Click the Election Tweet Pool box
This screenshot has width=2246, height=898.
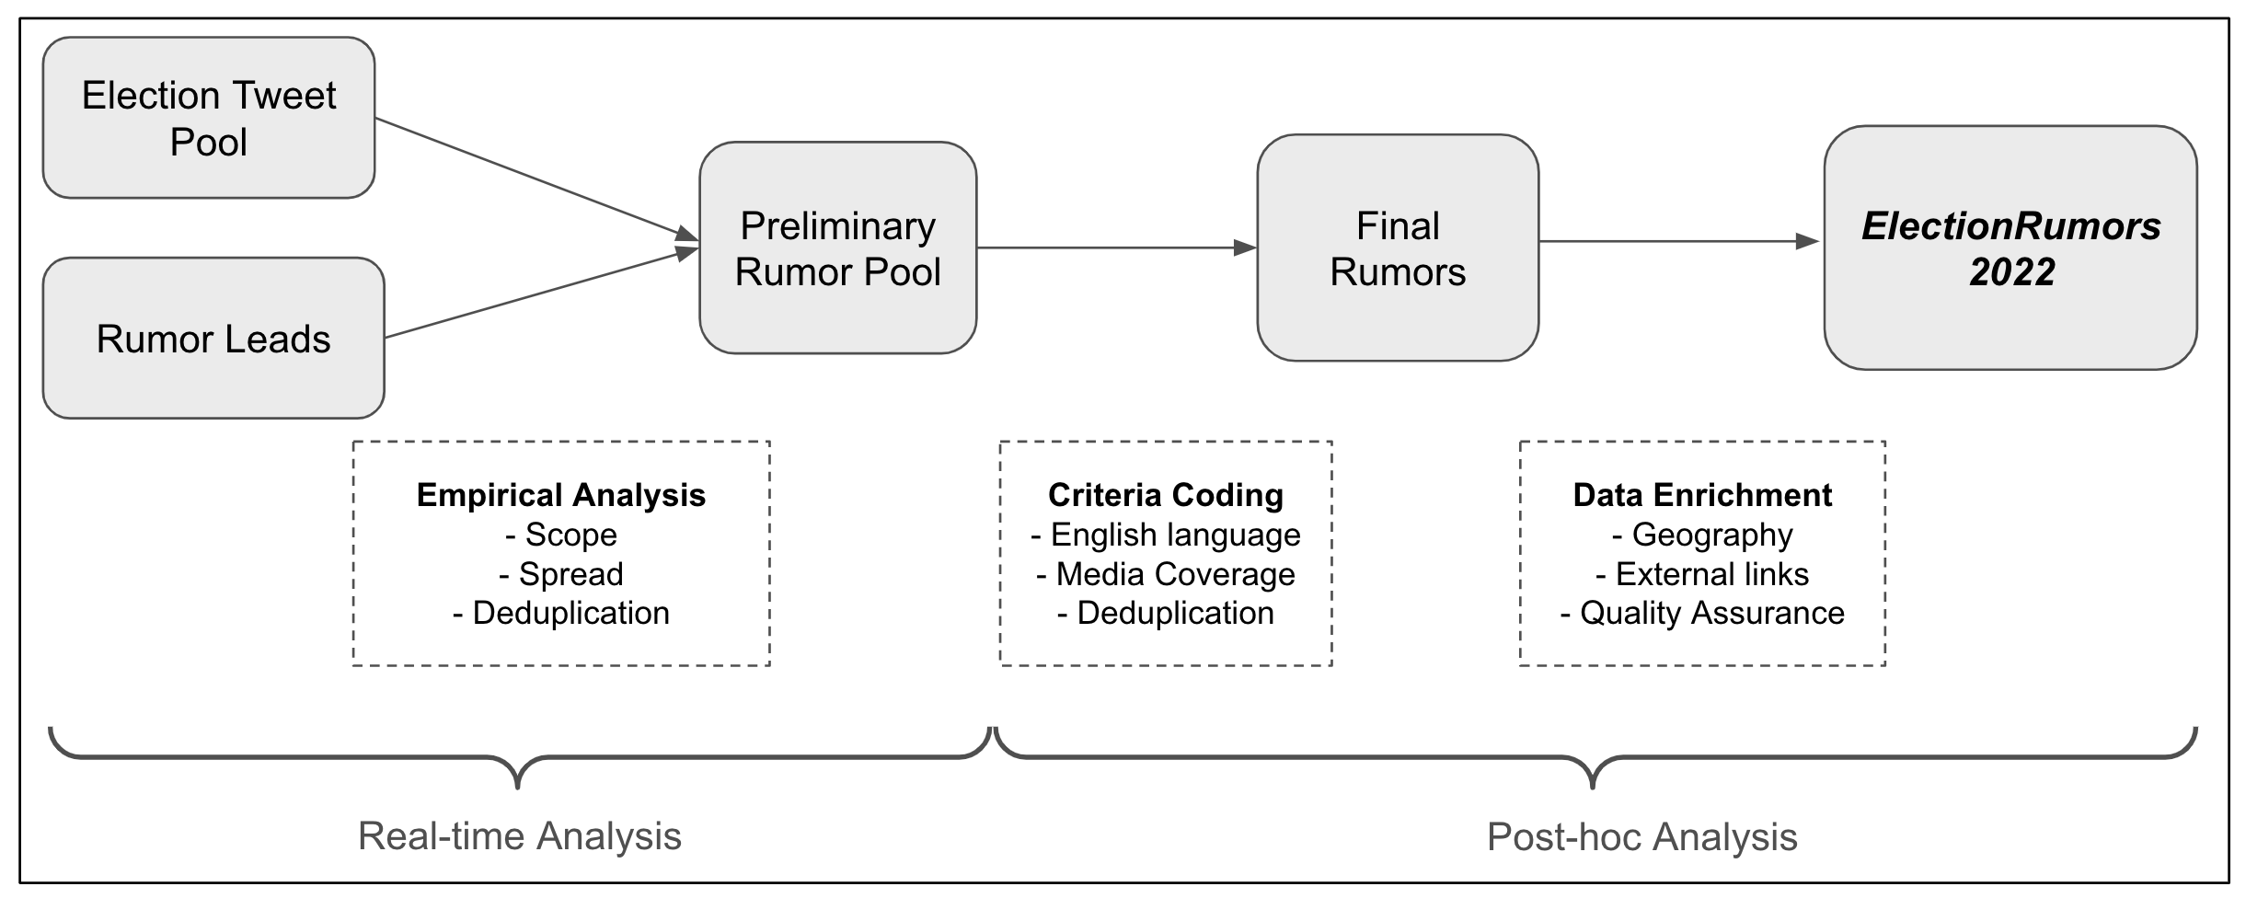pyautogui.click(x=209, y=118)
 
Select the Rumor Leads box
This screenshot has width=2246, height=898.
pyautogui.click(x=213, y=339)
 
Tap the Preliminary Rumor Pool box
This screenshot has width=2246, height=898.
pyautogui.click(x=837, y=248)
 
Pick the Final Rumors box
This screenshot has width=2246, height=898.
pyautogui.click(x=1397, y=248)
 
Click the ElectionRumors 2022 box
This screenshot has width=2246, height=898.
pyautogui.click(x=2010, y=248)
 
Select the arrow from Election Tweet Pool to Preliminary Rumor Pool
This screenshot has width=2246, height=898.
pyautogui.click(x=534, y=179)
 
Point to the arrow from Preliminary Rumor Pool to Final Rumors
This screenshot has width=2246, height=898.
pyautogui.click(x=1113, y=248)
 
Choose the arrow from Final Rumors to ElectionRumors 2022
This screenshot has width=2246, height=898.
pyautogui.click(x=1675, y=242)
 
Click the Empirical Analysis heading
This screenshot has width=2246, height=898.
pyautogui.click(x=561, y=495)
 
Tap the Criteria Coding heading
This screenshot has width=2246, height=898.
pyautogui.click(x=1166, y=495)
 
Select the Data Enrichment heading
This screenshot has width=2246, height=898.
pyautogui.click(x=1702, y=495)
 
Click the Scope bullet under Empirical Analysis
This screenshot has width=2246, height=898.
pyautogui.click(x=561, y=535)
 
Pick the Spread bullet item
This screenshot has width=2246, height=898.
pyautogui.click(x=561, y=574)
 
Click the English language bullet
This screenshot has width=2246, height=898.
pyautogui.click(x=1166, y=535)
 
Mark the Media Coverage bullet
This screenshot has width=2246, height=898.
pyautogui.click(x=1166, y=574)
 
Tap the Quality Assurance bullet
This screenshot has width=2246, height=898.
pyautogui.click(x=1702, y=613)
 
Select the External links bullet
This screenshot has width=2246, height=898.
pyautogui.click(x=1702, y=574)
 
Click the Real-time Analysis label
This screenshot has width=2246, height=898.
pyautogui.click(x=520, y=836)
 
